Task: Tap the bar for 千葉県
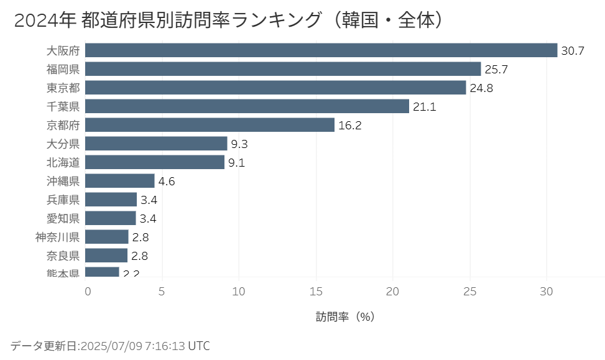[247, 106]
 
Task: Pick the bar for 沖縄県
[119, 181]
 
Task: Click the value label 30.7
[573, 51]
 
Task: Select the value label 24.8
[481, 88]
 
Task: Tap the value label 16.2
[350, 126]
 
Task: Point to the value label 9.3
[239, 144]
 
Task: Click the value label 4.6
[167, 182]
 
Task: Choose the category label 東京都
[63, 88]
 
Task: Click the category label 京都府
[63, 125]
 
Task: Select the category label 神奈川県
[57, 237]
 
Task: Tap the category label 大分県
[63, 144]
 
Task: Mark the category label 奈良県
[63, 256]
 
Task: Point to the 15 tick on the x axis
[316, 291]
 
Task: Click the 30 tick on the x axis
[547, 291]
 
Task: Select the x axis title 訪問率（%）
[345, 316]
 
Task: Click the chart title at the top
[228, 20]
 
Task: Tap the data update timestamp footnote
[110, 346]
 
